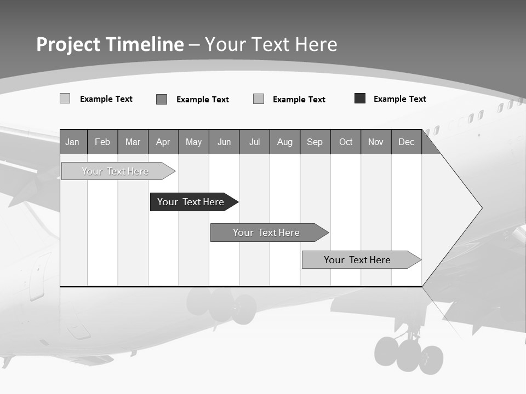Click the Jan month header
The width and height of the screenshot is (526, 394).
(x=72, y=142)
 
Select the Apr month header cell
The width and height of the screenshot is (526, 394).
(x=163, y=142)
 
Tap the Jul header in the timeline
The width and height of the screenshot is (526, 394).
(x=254, y=142)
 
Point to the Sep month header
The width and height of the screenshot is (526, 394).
(x=315, y=142)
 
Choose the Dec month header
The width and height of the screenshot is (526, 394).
(x=406, y=142)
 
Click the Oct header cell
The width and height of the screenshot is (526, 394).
(x=345, y=142)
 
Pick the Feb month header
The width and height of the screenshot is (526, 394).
(x=102, y=142)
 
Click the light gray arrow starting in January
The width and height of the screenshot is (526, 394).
(x=115, y=171)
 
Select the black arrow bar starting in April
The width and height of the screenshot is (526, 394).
(x=191, y=202)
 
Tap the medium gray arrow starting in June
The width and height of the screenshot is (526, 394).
(x=266, y=233)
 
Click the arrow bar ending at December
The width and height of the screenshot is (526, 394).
(x=357, y=260)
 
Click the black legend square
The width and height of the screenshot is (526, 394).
(x=360, y=99)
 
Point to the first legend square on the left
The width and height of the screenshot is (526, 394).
(x=65, y=99)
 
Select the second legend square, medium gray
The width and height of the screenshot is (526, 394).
(x=162, y=99)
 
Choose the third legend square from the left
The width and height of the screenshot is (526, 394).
(x=259, y=99)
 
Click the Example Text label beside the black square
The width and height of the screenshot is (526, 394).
(x=399, y=99)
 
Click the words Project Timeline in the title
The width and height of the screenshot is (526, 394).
(x=110, y=44)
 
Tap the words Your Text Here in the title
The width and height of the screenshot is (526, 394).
(x=271, y=44)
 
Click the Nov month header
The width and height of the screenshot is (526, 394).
(x=376, y=142)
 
